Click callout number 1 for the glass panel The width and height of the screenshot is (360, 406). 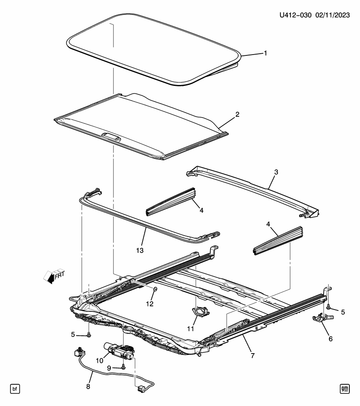[x=265, y=53]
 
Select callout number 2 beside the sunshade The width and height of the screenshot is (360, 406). [x=237, y=114]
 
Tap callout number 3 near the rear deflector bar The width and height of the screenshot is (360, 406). [x=276, y=172]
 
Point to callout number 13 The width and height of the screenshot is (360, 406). [x=140, y=250]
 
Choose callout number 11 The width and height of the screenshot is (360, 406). [x=191, y=328]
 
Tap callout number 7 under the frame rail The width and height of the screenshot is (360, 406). [x=253, y=355]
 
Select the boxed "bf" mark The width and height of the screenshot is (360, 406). [x=15, y=388]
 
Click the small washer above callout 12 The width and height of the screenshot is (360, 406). [x=155, y=289]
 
